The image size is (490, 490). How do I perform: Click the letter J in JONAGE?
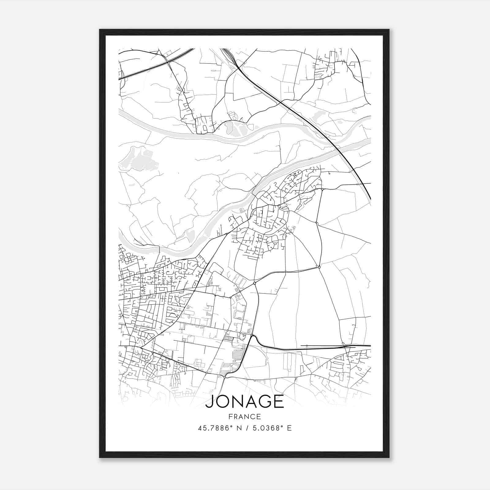209,402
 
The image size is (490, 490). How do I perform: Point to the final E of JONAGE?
279,402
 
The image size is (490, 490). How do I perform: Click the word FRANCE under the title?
245,417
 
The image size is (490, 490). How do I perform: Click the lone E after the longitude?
289,428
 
